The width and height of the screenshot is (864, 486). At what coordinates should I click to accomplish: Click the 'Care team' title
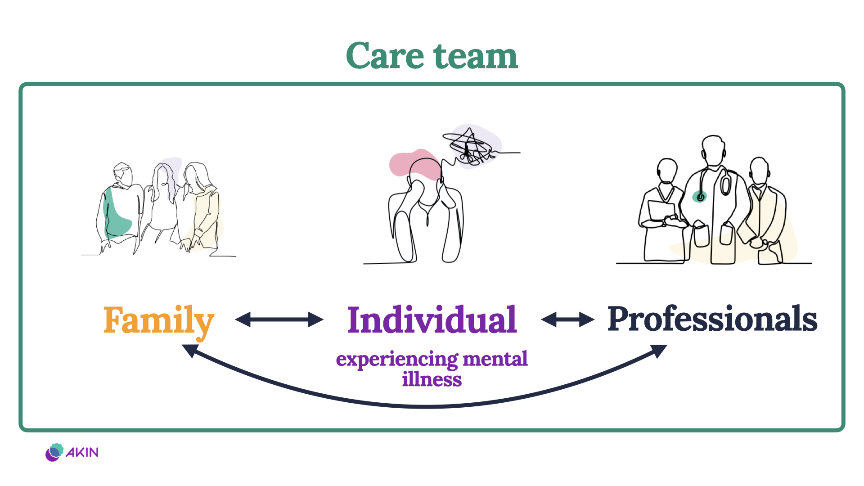pos(432,56)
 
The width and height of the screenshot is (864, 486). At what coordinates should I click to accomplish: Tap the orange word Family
pos(158,320)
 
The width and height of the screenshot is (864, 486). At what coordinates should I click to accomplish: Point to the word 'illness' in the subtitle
pos(432,379)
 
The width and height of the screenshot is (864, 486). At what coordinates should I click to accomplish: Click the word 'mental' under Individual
pos(495,359)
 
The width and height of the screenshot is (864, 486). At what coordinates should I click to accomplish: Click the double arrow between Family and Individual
pos(279,319)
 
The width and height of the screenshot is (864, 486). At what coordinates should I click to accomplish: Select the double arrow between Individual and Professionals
pos(567,319)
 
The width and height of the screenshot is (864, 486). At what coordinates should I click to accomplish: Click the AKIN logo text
pos(82,452)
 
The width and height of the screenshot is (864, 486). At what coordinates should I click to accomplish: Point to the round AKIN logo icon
pos(54,452)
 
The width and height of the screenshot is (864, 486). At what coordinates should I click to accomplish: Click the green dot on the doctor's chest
pos(699,197)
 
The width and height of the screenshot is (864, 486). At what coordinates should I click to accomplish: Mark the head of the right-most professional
pos(759,170)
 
